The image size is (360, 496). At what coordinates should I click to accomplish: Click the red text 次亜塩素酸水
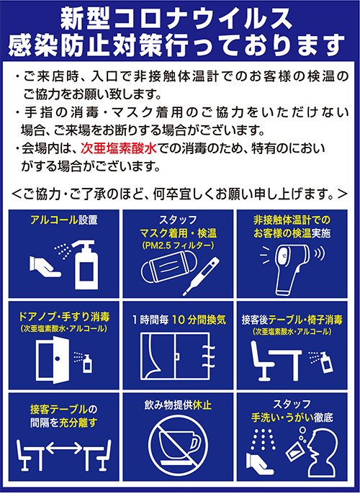click(x=118, y=148)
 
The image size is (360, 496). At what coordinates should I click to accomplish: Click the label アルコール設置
click(x=63, y=220)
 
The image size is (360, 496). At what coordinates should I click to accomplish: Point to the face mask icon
click(x=168, y=266)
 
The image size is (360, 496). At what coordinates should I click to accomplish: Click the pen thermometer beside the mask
click(x=201, y=276)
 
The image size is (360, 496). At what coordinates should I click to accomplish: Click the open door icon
click(x=53, y=359)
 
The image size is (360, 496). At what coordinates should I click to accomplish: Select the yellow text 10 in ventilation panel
click(x=179, y=320)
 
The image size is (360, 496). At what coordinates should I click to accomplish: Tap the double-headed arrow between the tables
click(x=64, y=448)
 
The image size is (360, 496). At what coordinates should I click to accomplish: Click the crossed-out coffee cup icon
click(x=178, y=446)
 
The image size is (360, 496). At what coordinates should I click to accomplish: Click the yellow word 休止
click(x=202, y=405)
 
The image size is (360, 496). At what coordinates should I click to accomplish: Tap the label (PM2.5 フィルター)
click(x=178, y=245)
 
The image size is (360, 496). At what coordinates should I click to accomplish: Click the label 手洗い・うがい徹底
click(x=292, y=418)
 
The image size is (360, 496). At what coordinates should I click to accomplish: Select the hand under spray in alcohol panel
click(x=45, y=265)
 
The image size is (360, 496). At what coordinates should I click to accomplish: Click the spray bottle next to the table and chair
click(x=325, y=363)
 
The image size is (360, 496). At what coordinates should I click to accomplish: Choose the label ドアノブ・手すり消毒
click(x=64, y=317)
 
